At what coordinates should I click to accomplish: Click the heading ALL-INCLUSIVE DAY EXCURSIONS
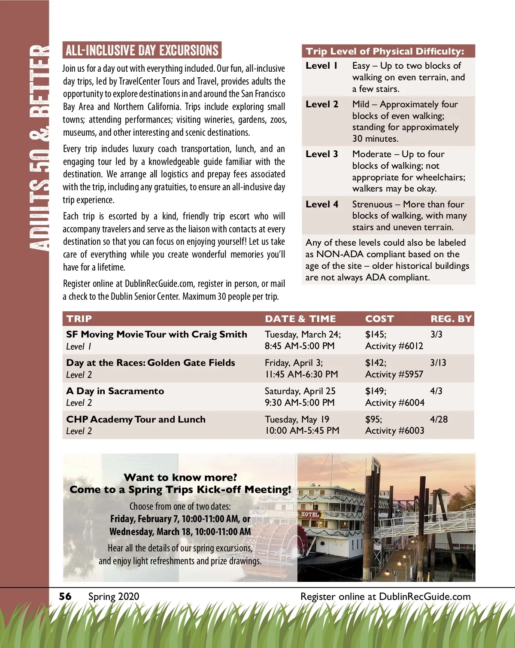pyautogui.click(x=142, y=51)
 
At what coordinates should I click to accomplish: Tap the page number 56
pyautogui.click(x=65, y=596)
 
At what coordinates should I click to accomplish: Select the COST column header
pyautogui.click(x=379, y=319)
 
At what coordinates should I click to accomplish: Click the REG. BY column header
pyautogui.click(x=451, y=319)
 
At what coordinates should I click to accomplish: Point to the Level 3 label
pyautogui.click(x=322, y=154)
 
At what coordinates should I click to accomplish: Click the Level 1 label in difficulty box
pyautogui.click(x=321, y=66)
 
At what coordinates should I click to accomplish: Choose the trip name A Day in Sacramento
pyautogui.click(x=115, y=391)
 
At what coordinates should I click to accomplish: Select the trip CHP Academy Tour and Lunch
pyautogui.click(x=136, y=420)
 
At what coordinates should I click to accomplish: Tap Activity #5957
pyautogui.click(x=394, y=374)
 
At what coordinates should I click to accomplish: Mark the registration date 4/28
pyautogui.click(x=439, y=420)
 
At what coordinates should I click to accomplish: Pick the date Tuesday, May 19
pyautogui.click(x=297, y=420)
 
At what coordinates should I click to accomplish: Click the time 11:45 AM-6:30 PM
pyautogui.click(x=301, y=374)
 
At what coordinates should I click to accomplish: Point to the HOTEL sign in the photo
pyautogui.click(x=310, y=514)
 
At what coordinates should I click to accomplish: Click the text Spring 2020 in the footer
pyautogui.click(x=114, y=596)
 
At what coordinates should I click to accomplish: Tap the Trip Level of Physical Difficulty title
pyautogui.click(x=385, y=52)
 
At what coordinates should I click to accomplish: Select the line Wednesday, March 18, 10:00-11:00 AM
pyautogui.click(x=180, y=532)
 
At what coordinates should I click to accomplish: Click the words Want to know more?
pyautogui.click(x=180, y=478)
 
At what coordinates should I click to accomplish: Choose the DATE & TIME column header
pyautogui.click(x=300, y=319)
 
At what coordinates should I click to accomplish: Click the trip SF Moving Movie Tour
pyautogui.click(x=157, y=335)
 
